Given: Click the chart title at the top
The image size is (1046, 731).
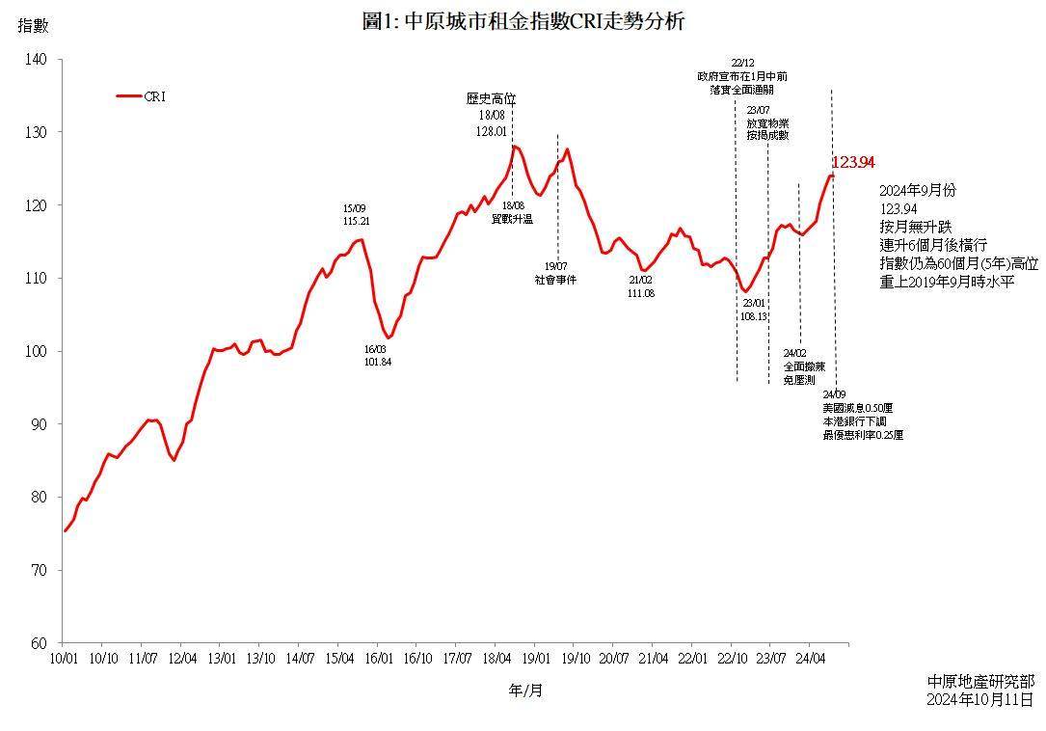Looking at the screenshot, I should (523, 20).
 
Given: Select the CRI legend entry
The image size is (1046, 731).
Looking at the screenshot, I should (142, 96).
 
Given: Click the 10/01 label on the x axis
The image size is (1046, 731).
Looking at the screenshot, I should (63, 659).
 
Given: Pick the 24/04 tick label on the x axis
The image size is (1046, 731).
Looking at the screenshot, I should (808, 659).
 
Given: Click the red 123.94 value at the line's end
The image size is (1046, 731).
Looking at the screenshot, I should (853, 162).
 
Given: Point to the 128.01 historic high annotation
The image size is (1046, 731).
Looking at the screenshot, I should (491, 130).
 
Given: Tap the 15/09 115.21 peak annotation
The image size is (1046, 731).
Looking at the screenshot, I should (356, 214).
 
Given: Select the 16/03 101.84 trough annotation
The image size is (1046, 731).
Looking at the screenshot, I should (377, 355).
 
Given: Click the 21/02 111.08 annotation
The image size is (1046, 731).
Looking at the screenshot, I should (640, 285).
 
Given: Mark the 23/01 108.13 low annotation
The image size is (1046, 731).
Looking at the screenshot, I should (754, 309).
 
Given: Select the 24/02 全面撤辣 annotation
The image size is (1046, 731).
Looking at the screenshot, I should (801, 366).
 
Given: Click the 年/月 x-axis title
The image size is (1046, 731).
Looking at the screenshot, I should (526, 690).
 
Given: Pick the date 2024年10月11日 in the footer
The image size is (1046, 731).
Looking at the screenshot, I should (979, 699).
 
